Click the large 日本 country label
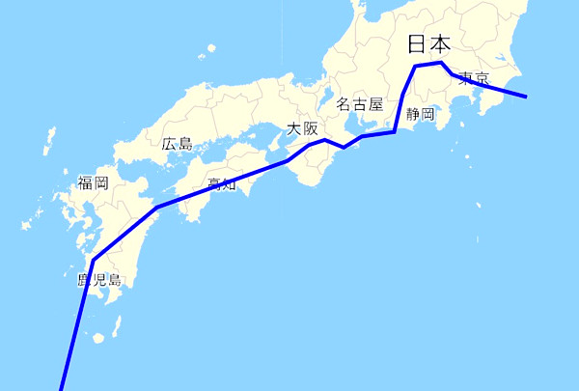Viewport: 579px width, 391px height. tap(428, 43)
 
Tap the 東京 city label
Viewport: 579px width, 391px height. tap(473, 78)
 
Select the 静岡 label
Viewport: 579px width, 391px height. tap(421, 114)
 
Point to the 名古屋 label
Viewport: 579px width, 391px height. tap(360, 103)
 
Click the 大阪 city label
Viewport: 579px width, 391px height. tap(302, 129)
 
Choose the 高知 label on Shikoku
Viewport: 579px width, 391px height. tap(222, 184)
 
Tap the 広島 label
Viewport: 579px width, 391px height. tap(177, 144)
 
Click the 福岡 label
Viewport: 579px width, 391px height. tap(93, 182)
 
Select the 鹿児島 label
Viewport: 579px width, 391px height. tap(99, 281)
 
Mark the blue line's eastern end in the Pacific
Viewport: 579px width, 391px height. tap(526, 97)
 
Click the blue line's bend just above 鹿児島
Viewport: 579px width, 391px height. tap(93, 260)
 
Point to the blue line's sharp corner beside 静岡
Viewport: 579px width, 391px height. tap(395, 131)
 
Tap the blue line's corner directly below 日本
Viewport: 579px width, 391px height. tap(416, 66)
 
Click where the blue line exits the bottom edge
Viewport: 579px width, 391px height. tap(61, 388)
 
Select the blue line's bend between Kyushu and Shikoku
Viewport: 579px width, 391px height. tap(156, 208)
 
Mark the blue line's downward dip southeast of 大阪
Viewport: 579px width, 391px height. tap(344, 148)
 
